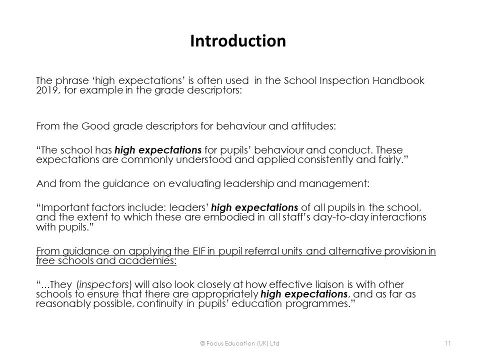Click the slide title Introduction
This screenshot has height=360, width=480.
[238, 40]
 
